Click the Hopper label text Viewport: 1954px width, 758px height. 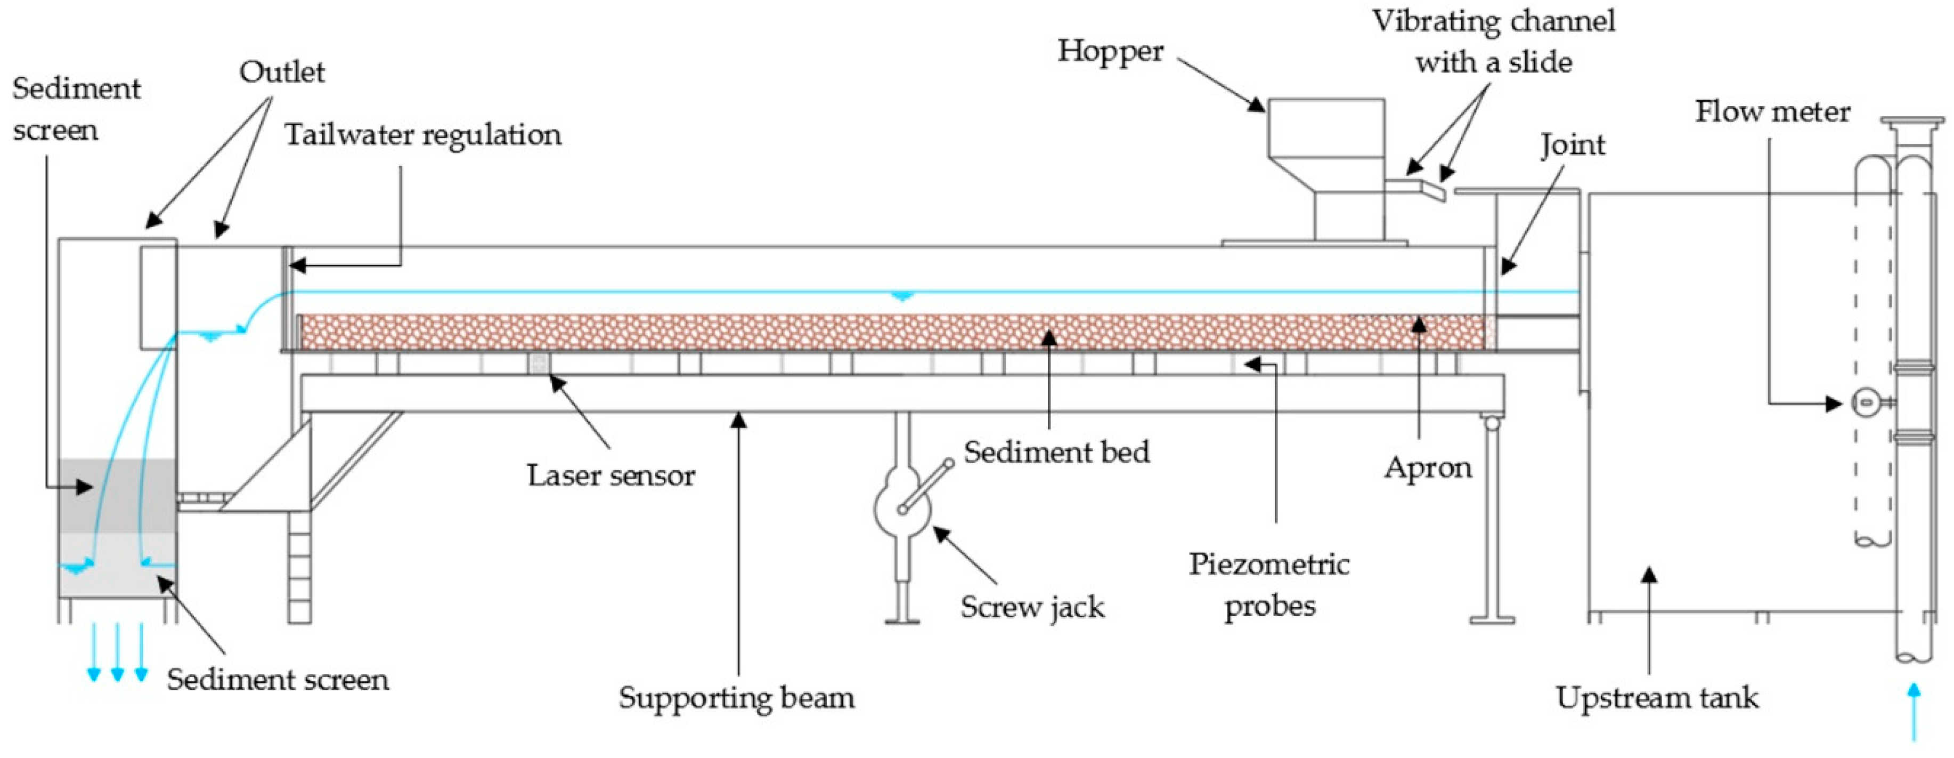(1110, 52)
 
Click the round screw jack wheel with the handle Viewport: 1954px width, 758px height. (902, 507)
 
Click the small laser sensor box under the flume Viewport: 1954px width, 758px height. (539, 362)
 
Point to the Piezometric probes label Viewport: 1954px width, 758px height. (1268, 585)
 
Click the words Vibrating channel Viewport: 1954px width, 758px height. (1493, 21)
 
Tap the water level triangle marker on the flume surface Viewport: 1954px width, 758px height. (901, 296)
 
